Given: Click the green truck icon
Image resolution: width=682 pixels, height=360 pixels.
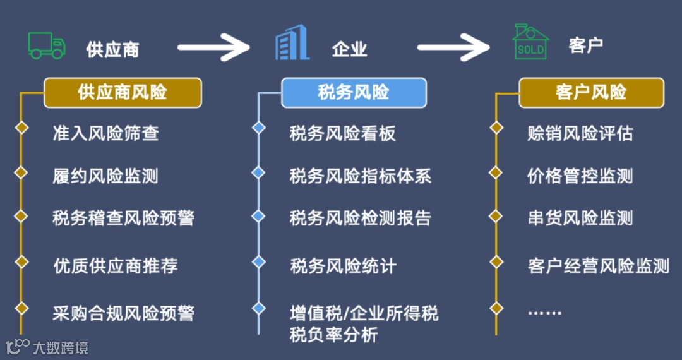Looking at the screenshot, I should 47,46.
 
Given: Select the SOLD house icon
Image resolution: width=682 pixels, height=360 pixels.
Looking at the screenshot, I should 530,43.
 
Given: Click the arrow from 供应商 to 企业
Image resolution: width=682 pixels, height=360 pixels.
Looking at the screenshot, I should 215,47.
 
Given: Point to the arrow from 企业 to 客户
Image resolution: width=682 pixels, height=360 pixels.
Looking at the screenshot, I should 453,47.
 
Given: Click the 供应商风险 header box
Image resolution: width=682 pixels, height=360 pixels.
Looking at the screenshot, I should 123,93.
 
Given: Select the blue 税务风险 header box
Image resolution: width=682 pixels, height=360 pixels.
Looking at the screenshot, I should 354,93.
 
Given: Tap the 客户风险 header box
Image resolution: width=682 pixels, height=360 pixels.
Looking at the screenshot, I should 591,93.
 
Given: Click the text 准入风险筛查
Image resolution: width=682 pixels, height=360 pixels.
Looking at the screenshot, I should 105,133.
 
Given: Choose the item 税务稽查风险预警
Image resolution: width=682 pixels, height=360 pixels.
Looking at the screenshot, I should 123,219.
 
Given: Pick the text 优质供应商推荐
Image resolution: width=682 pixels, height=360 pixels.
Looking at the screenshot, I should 115,266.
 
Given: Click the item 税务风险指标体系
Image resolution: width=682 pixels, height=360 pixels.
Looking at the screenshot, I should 360,176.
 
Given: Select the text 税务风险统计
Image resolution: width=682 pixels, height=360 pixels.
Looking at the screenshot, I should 343,266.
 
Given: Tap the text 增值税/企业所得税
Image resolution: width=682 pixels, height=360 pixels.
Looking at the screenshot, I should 364,313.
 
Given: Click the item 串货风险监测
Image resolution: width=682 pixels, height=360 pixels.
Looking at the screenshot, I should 580,219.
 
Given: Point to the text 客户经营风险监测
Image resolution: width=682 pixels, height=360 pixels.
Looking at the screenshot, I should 597,266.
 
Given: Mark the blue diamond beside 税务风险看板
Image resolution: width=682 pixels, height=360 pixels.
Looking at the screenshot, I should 258,128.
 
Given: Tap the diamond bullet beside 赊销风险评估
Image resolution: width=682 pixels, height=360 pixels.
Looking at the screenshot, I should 496,128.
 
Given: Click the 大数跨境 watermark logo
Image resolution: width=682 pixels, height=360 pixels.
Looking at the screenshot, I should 47,347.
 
